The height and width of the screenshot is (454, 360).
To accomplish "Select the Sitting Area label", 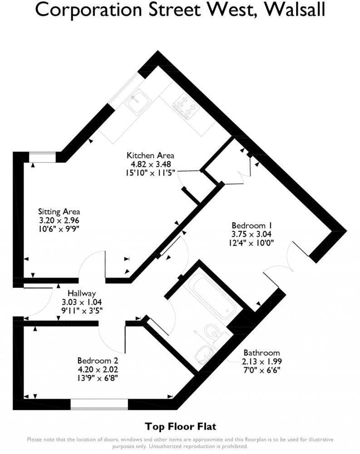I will pyautogui.click(x=59, y=212).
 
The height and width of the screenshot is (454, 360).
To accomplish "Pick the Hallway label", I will pyautogui.click(x=82, y=294).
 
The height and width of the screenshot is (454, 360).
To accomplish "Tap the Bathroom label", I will pyautogui.click(x=261, y=353).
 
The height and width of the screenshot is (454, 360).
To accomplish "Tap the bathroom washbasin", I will pyautogui.click(x=204, y=355).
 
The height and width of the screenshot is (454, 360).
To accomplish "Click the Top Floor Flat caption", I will pyautogui.click(x=180, y=426).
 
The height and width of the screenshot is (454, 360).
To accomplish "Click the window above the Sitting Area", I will pyautogui.click(x=43, y=157).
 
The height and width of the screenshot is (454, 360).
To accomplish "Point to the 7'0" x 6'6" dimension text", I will pyautogui.click(x=261, y=370).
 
